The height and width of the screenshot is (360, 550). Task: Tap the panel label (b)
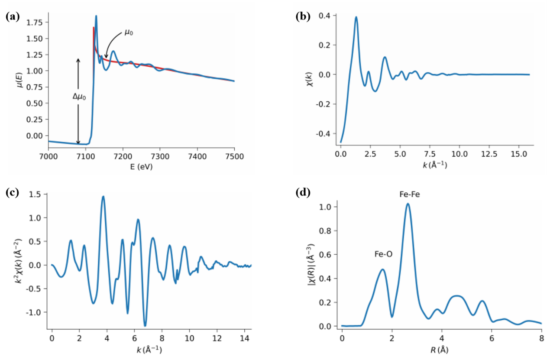tap(302, 17)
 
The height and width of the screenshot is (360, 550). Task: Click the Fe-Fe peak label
tap(409, 195)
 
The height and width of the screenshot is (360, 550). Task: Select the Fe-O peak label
tap(383, 254)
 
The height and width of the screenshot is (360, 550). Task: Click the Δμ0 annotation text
tap(79, 97)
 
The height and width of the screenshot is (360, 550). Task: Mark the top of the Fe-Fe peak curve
tap(408, 204)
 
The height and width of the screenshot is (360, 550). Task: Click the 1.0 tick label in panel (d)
tap(328, 207)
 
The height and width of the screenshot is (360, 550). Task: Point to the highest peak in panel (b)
tap(356, 17)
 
